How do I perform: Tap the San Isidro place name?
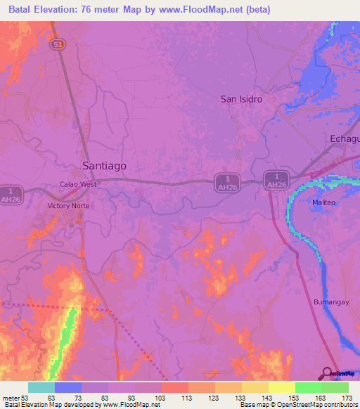[x=242, y=99]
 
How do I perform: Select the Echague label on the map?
[x=345, y=139]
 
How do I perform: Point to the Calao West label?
[x=77, y=185]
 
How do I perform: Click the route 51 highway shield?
[x=58, y=44]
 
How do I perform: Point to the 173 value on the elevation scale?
[x=347, y=397]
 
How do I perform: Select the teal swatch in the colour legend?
[x=41, y=387]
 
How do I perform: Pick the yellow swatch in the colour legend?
[x=282, y=387]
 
